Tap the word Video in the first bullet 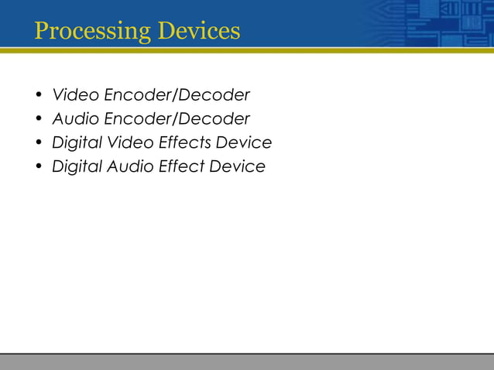(x=72, y=95)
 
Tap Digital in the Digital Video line (x=76, y=144)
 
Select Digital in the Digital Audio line (x=76, y=167)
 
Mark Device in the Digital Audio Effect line (x=240, y=166)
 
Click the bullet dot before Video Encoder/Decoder (x=37, y=97)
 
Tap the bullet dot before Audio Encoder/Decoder (x=37, y=120)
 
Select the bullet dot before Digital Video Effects (x=37, y=144)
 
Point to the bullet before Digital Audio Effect (x=37, y=167)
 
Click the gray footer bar (x=247, y=361)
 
